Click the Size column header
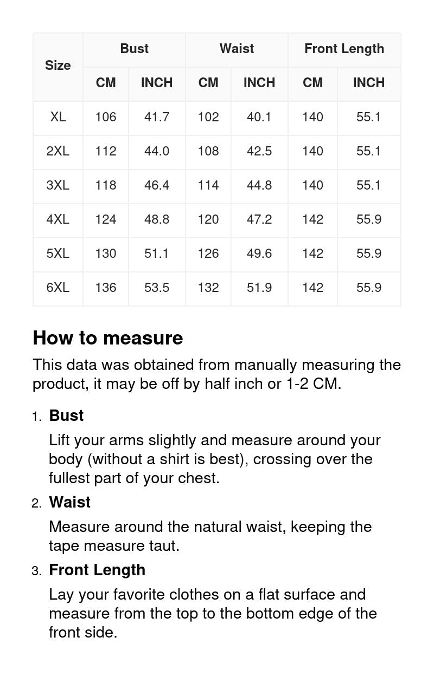click(x=58, y=66)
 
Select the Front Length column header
click(x=344, y=49)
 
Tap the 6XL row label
click(x=58, y=288)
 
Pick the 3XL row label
click(x=58, y=185)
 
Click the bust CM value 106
click(x=106, y=117)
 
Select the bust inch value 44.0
click(x=157, y=151)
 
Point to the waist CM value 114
click(x=208, y=185)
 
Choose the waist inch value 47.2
click(x=259, y=219)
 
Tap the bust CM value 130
click(x=106, y=253)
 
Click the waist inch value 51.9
click(x=259, y=288)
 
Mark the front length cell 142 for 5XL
click(x=312, y=253)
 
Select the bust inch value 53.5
click(x=157, y=288)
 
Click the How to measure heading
click(x=108, y=338)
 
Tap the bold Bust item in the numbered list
click(x=66, y=415)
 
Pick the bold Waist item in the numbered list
click(x=69, y=502)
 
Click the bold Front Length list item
click(x=97, y=570)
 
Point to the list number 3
click(x=36, y=571)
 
